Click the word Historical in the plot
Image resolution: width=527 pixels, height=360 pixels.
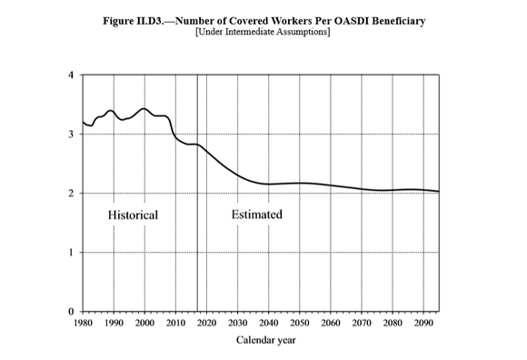click(x=133, y=215)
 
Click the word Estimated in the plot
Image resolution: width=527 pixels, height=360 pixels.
click(x=257, y=215)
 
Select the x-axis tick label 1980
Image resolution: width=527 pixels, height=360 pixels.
click(x=82, y=323)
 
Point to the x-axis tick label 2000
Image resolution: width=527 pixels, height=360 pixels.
click(x=144, y=323)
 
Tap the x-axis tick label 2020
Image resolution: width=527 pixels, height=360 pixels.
click(x=206, y=323)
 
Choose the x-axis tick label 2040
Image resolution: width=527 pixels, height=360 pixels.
click(x=269, y=323)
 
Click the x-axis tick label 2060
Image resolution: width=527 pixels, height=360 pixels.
click(x=331, y=323)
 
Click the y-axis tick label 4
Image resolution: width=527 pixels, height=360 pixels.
click(x=72, y=75)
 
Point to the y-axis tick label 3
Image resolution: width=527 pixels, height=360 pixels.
click(x=72, y=135)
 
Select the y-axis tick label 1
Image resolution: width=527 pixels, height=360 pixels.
click(x=72, y=253)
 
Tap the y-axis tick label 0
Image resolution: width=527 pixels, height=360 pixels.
click(x=72, y=312)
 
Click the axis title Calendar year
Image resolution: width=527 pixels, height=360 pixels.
click(x=267, y=341)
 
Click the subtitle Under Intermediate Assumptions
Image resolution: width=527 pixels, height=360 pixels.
click(x=263, y=33)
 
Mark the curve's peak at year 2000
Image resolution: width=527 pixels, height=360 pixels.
click(x=144, y=109)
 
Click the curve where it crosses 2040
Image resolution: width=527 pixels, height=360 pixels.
click(x=269, y=184)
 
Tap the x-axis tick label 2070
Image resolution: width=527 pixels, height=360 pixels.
click(x=362, y=323)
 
